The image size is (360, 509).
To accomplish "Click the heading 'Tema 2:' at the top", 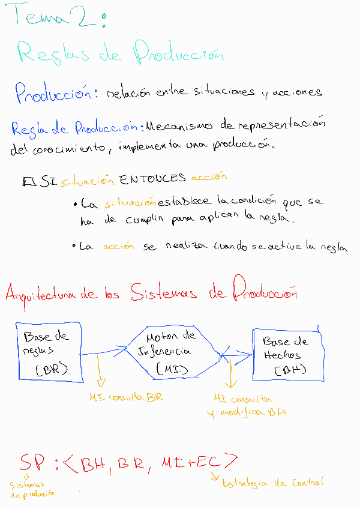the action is (x=57, y=19).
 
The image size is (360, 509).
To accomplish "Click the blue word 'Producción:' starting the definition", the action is (x=57, y=93).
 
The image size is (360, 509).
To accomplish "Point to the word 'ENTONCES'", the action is (x=152, y=179).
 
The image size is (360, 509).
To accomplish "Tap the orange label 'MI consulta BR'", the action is (x=125, y=397).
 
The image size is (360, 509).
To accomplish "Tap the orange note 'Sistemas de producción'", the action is (x=31, y=489).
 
